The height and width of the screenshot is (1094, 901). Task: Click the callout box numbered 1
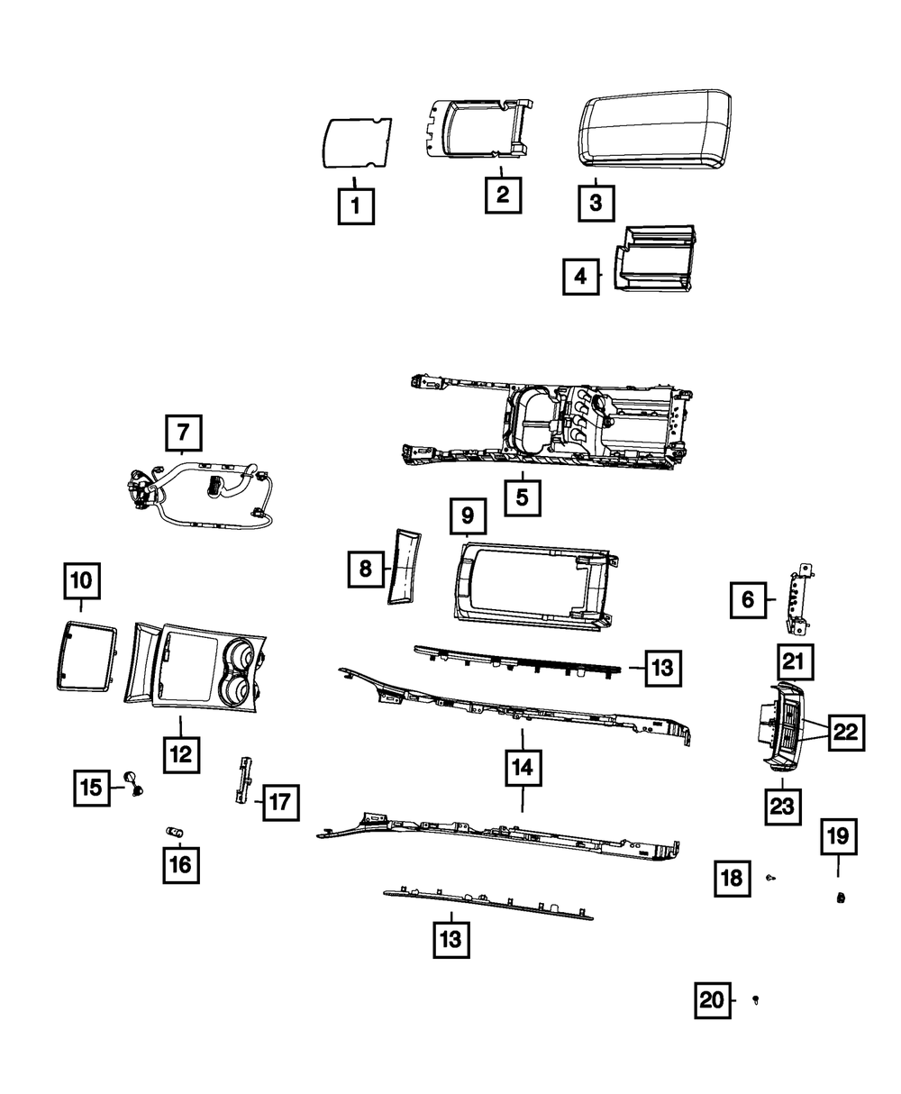click(356, 206)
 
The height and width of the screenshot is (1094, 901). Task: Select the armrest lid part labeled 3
click(653, 129)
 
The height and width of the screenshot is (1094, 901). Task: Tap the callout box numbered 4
click(581, 277)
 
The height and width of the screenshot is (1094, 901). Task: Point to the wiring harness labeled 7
click(203, 492)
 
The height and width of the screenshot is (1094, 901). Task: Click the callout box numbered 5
click(523, 497)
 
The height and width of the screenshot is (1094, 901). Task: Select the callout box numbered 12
click(181, 753)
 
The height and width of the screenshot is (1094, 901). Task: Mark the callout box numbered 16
click(180, 865)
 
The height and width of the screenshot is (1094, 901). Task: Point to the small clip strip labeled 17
click(241, 780)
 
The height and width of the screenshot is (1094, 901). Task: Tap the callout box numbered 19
click(838, 836)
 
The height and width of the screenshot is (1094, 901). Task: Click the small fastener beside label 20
click(756, 999)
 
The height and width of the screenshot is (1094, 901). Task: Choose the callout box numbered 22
click(845, 733)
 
